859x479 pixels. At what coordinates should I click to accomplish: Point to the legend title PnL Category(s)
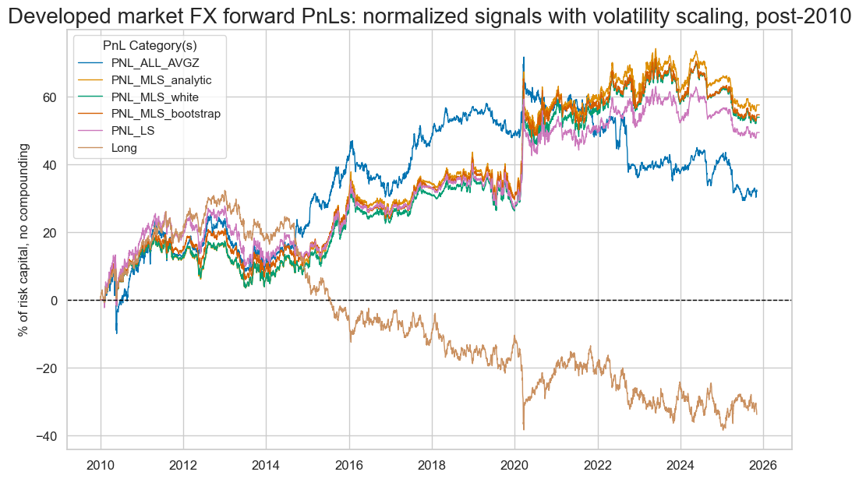[149, 46]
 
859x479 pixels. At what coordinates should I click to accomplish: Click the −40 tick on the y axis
[48, 435]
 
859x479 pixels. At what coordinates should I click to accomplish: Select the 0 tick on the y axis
[55, 300]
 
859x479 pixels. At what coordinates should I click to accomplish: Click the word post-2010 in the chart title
[804, 17]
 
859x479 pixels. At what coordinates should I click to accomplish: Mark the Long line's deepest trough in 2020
[524, 429]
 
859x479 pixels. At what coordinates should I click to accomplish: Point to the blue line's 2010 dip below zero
[117, 333]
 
